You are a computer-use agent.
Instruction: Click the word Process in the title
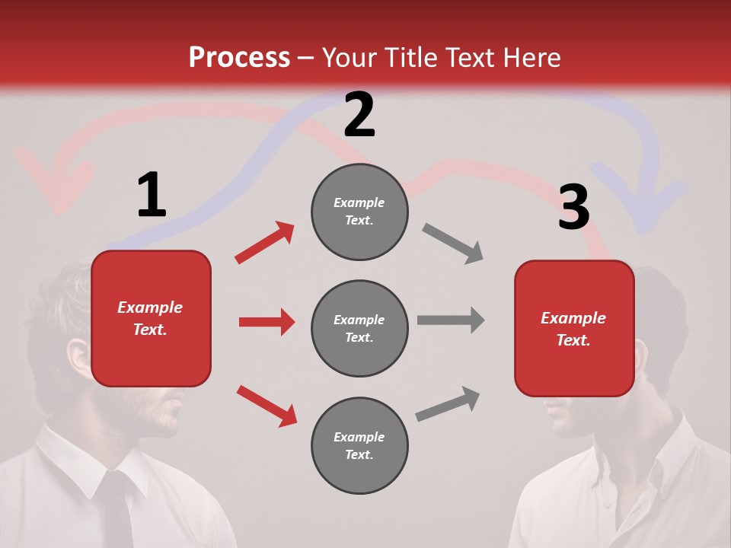239,57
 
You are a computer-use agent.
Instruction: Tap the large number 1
152,195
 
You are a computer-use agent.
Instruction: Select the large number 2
359,114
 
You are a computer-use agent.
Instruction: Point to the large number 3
573,207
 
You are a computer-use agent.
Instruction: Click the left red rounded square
151,318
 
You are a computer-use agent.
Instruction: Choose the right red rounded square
574,328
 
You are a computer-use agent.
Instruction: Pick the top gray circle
359,212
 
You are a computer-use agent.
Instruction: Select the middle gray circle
359,328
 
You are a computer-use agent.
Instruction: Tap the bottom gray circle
359,445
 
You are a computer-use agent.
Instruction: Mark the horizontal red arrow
267,322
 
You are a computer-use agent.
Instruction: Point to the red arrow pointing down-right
267,406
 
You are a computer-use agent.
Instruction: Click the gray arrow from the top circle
452,244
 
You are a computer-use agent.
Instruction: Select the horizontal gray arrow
450,320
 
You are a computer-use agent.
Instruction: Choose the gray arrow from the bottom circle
448,404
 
